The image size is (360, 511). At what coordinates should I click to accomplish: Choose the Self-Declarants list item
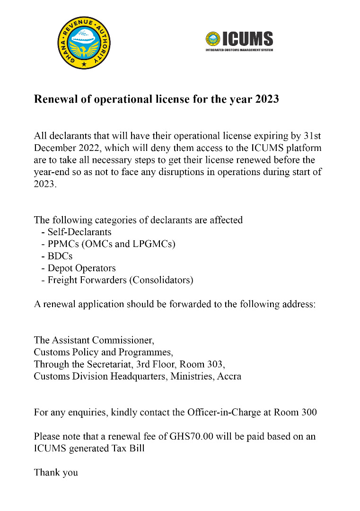[x=79, y=232]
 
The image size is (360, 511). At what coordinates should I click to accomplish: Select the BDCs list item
[x=60, y=256]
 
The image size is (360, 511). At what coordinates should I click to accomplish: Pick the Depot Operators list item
[x=81, y=268]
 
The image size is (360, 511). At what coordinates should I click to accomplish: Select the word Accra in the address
[x=229, y=377]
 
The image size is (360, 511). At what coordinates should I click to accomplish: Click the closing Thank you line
[x=56, y=472]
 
